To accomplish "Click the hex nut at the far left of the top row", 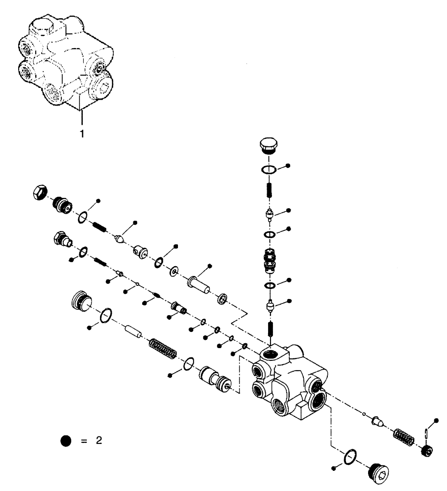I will (x=40, y=192).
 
